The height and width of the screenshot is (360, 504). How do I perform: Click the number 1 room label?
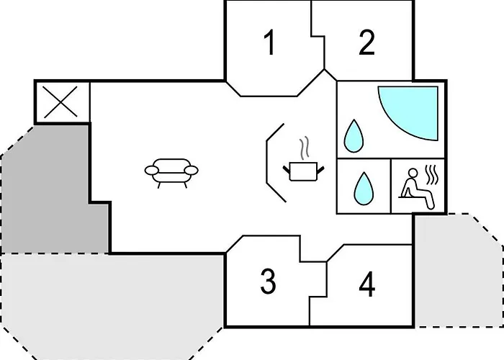[269, 42]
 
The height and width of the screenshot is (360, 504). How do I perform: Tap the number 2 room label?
[366, 42]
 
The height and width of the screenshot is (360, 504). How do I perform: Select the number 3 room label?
[268, 282]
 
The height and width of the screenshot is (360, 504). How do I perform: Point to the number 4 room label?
[366, 284]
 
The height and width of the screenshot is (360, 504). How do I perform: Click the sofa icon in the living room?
[171, 173]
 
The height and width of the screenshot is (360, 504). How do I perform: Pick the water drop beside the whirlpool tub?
[354, 135]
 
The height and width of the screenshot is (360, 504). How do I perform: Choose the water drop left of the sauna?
[364, 188]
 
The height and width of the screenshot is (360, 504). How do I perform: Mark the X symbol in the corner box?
[60, 102]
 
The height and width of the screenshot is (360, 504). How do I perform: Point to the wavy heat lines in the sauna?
[432, 175]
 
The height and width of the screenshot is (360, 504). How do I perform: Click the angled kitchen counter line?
[267, 163]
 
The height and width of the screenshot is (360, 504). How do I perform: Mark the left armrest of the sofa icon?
[151, 171]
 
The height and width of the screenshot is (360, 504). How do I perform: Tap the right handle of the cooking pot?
[320, 169]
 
